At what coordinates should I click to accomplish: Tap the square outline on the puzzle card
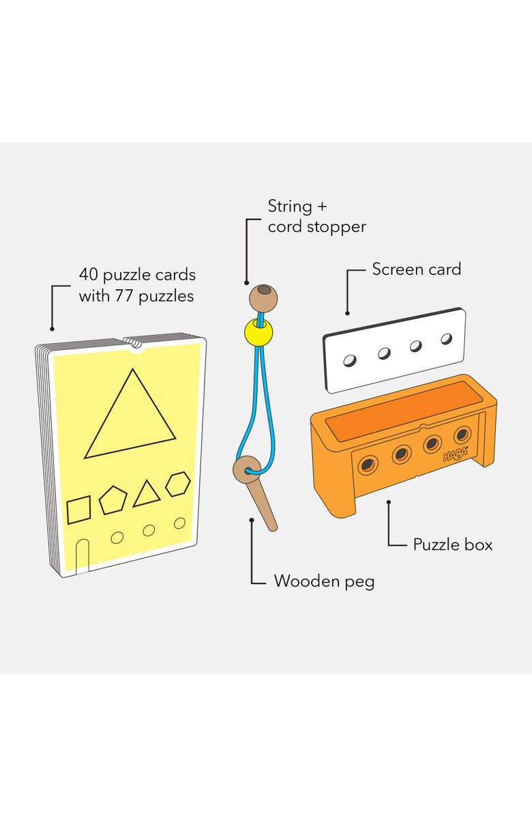click(x=79, y=510)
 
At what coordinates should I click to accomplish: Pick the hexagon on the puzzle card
click(x=178, y=484)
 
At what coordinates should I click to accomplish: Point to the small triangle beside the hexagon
click(x=146, y=494)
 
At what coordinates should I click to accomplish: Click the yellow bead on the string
click(x=258, y=332)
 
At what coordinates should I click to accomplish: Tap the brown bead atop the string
click(x=263, y=298)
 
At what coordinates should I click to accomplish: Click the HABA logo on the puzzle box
click(x=456, y=454)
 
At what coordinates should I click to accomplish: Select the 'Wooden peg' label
click(x=324, y=581)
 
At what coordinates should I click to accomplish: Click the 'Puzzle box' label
click(x=452, y=544)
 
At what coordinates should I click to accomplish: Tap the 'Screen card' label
click(x=416, y=269)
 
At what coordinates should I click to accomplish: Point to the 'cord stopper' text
click(x=316, y=227)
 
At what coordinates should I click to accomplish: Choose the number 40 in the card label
click(x=89, y=275)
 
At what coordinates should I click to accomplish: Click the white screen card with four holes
click(x=394, y=350)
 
